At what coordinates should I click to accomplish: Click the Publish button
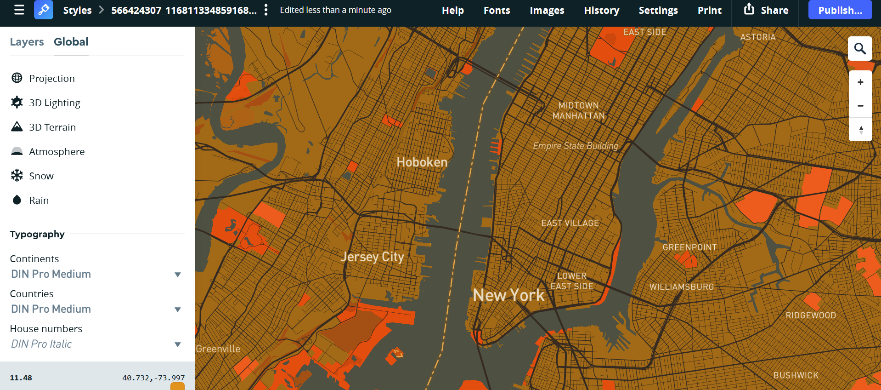click(x=840, y=10)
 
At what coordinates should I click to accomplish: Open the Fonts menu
click(x=497, y=10)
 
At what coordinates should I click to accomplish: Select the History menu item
click(x=601, y=10)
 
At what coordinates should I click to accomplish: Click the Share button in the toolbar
click(x=766, y=10)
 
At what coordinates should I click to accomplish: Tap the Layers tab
click(x=27, y=42)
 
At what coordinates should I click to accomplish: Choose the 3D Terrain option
click(x=52, y=127)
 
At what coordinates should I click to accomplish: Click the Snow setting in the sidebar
click(x=41, y=176)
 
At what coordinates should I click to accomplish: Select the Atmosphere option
click(x=56, y=152)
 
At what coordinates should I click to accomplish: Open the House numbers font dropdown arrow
click(x=177, y=344)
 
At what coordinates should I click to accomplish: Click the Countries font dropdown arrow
click(x=177, y=310)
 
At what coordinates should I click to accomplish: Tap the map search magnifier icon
click(x=860, y=49)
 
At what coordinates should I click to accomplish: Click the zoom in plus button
click(x=860, y=82)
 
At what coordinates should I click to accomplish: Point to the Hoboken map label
click(x=422, y=162)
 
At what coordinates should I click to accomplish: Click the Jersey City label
click(x=372, y=257)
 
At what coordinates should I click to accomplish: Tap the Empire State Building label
click(x=575, y=146)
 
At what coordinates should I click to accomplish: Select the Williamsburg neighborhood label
click(x=681, y=287)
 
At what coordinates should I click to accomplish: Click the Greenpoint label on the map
click(x=689, y=247)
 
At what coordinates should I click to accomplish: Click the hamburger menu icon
click(x=19, y=10)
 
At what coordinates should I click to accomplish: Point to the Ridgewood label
click(x=810, y=315)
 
